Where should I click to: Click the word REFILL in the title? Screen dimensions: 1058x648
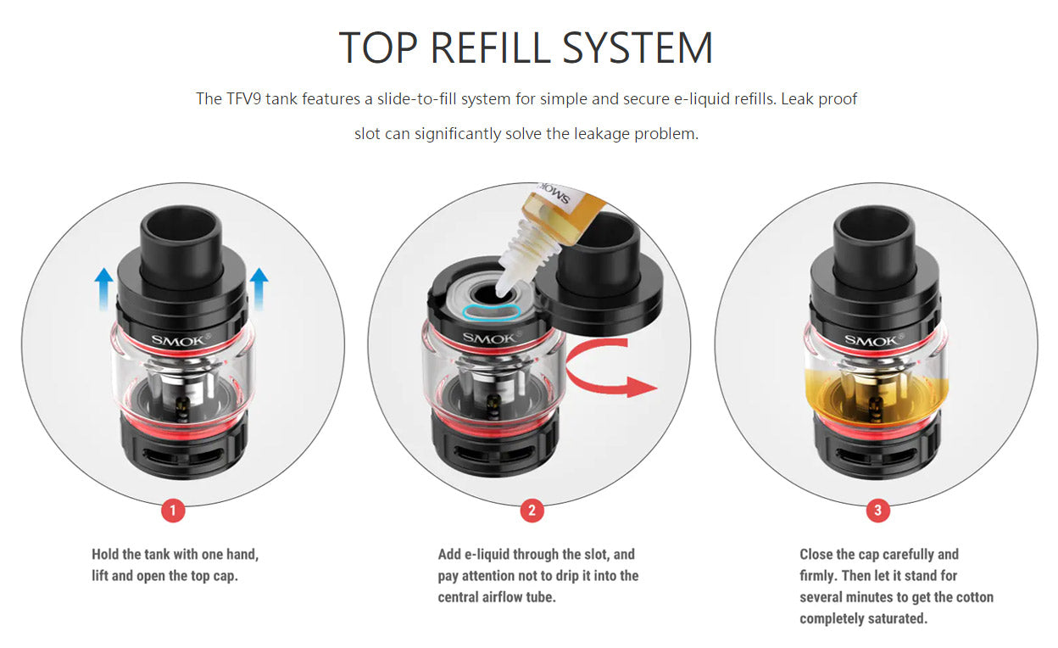(x=491, y=47)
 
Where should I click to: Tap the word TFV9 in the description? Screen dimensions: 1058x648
(x=243, y=98)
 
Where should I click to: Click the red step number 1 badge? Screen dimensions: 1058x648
(x=173, y=511)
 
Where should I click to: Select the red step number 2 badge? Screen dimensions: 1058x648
(x=532, y=511)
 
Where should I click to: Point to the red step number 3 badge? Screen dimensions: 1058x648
(x=878, y=511)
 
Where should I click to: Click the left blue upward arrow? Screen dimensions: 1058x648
(x=104, y=289)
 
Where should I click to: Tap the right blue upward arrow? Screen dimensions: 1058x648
(x=259, y=289)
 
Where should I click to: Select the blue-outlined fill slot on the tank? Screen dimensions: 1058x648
(x=491, y=312)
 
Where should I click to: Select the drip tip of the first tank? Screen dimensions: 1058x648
(x=181, y=246)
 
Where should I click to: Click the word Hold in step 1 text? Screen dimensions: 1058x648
(x=105, y=555)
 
